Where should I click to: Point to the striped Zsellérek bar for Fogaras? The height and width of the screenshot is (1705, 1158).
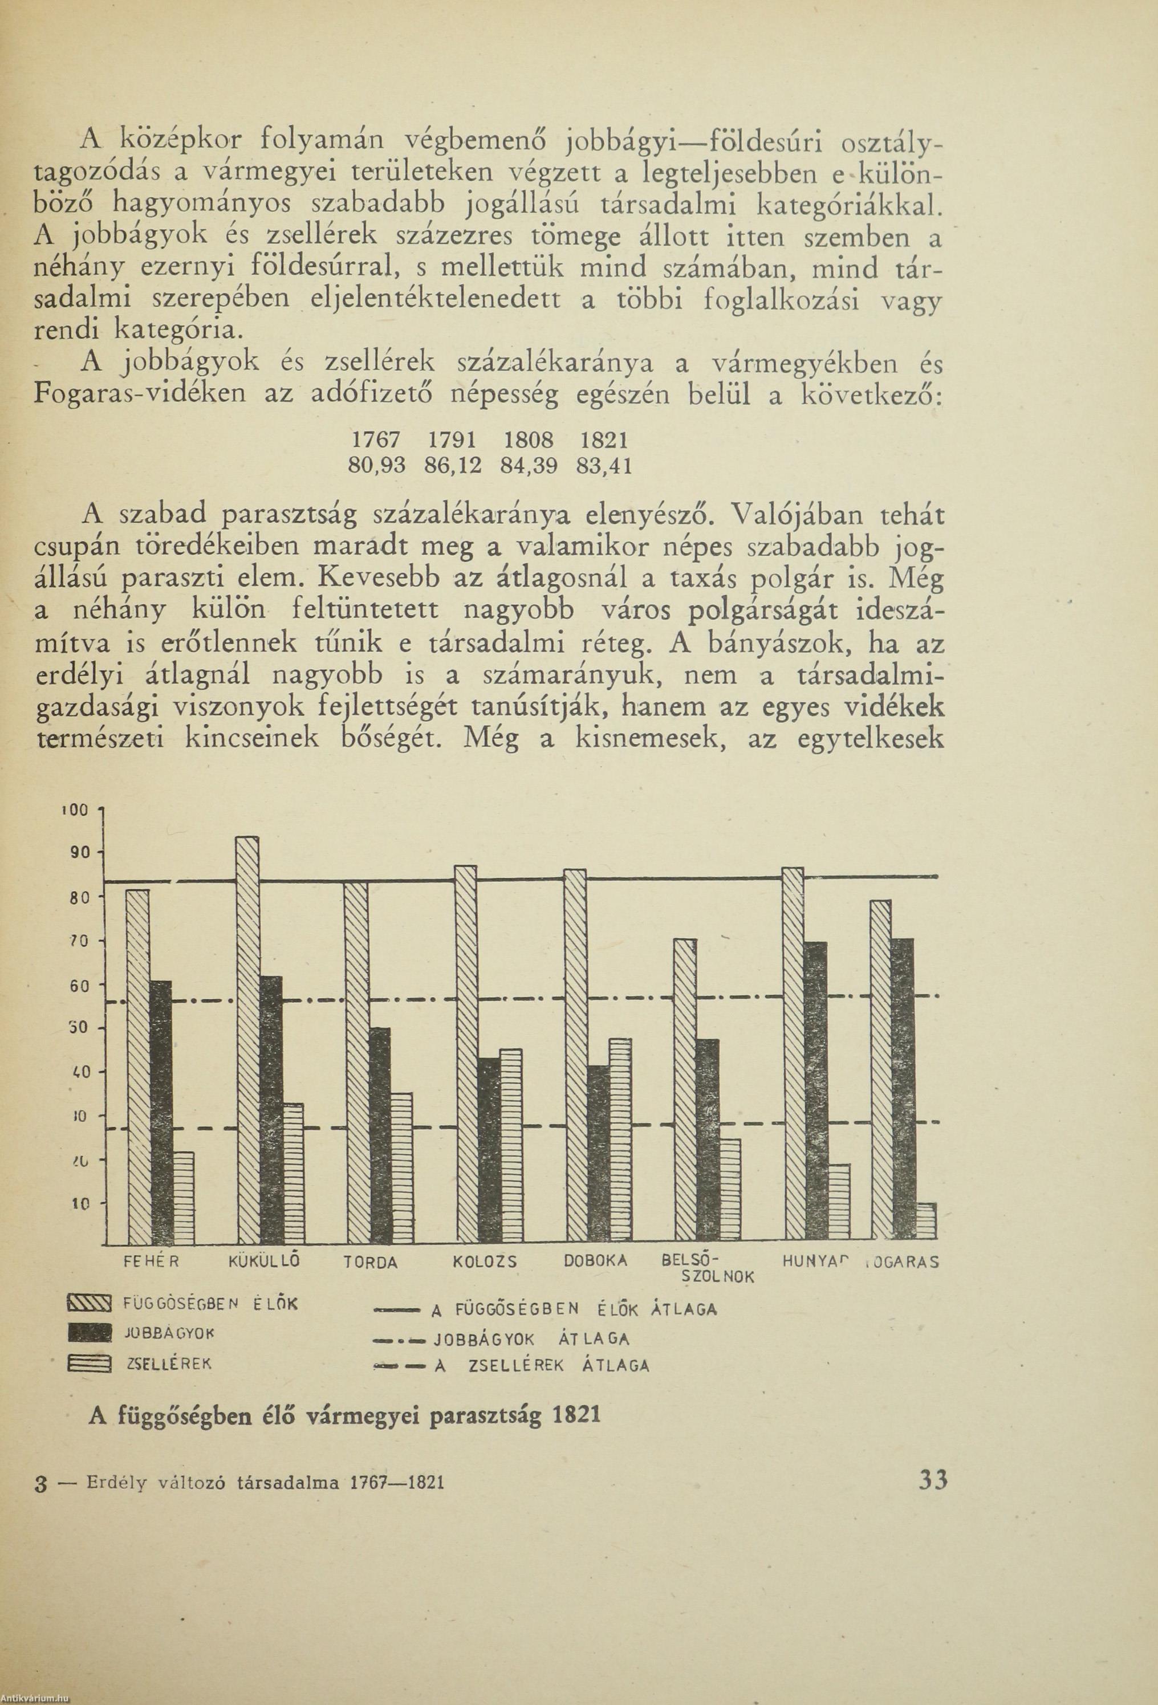pyautogui.click(x=926, y=1222)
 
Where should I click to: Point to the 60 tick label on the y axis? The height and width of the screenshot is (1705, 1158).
pyautogui.click(x=79, y=987)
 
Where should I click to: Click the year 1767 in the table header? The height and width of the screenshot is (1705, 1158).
pyautogui.click(x=376, y=440)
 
